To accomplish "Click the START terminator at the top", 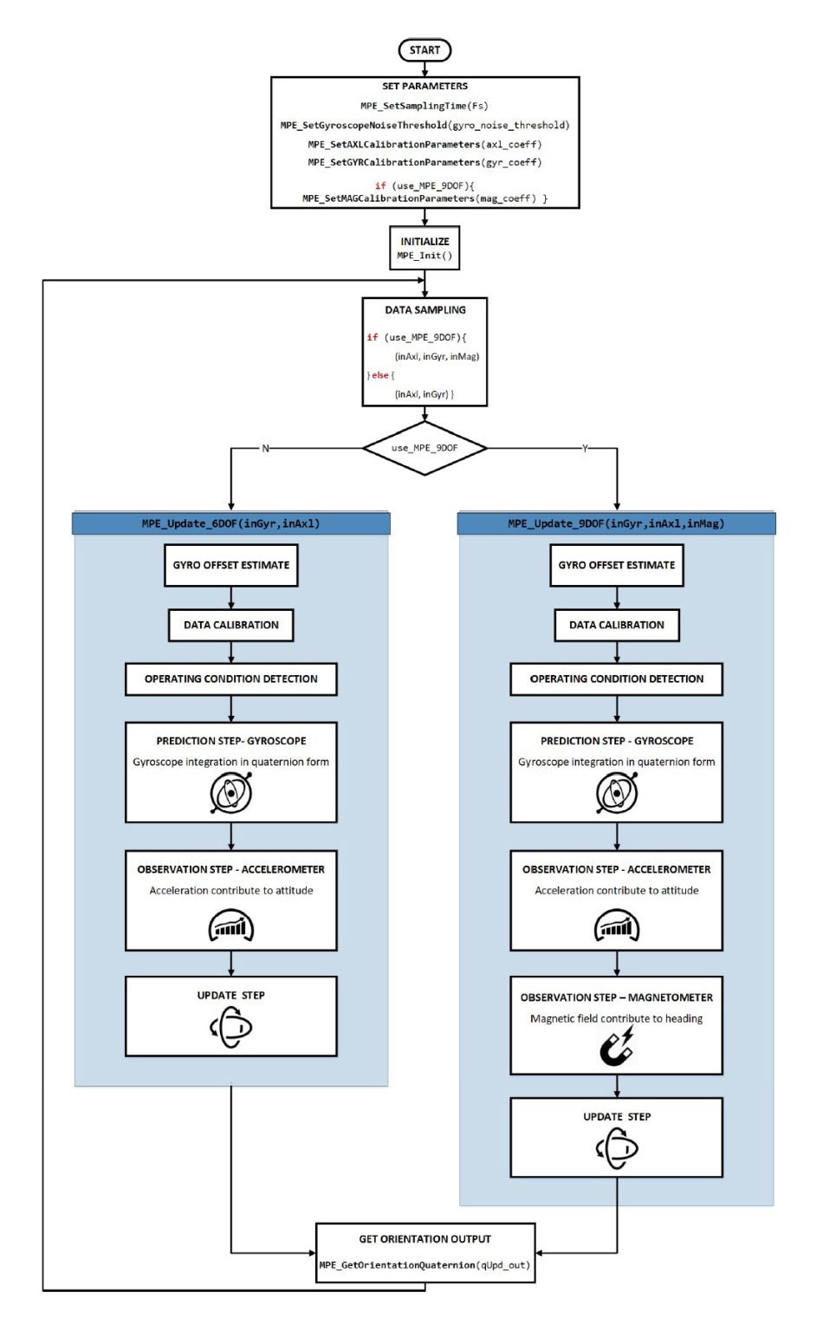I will [x=424, y=50].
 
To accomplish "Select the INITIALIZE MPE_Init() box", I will [x=424, y=249].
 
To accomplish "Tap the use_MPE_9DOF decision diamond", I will [x=424, y=448].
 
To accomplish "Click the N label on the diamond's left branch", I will [x=265, y=448].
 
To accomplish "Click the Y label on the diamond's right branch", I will [x=585, y=448].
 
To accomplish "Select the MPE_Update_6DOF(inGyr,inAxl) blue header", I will [x=230, y=523].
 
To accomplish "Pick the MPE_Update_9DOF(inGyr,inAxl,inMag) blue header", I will [x=616, y=523].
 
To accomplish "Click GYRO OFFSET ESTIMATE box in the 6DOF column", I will [x=230, y=565].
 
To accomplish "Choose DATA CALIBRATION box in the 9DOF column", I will [x=616, y=625].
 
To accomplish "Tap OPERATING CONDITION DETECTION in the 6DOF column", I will [x=230, y=679].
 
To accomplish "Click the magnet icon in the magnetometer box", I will [x=617, y=1047].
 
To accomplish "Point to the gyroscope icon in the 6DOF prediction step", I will [x=230, y=793].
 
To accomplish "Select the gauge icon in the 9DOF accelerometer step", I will [x=616, y=926].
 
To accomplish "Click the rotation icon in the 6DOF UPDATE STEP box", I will [x=230, y=1028].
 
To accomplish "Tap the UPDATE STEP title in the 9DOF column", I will [x=616, y=1117].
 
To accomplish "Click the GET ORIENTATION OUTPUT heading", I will [x=424, y=1239].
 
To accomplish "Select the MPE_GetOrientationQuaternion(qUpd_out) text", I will [x=424, y=1265].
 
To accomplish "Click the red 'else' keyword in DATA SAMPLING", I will [x=380, y=375].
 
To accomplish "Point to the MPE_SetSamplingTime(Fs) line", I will [x=424, y=106].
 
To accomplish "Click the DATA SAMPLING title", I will [x=424, y=310].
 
